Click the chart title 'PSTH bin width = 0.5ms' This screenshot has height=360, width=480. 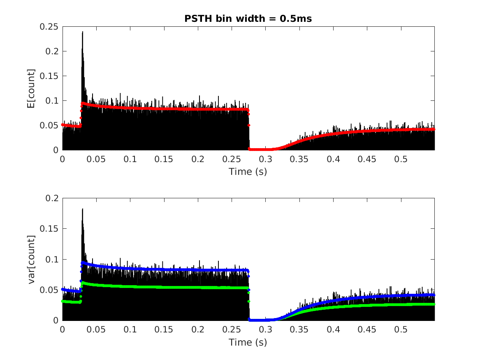click(248, 19)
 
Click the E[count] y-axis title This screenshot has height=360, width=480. click(30, 88)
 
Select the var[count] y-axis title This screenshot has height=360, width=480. click(30, 259)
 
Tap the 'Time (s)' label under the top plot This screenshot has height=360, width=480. click(248, 172)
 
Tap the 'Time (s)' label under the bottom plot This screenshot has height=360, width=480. click(248, 342)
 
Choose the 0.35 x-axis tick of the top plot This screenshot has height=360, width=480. click(300, 159)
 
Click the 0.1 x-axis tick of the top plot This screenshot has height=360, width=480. click(130, 159)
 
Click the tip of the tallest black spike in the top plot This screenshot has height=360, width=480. click(83, 32)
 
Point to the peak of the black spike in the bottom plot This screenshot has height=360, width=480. click(83, 209)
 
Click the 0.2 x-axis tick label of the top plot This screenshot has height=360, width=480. click(198, 159)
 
